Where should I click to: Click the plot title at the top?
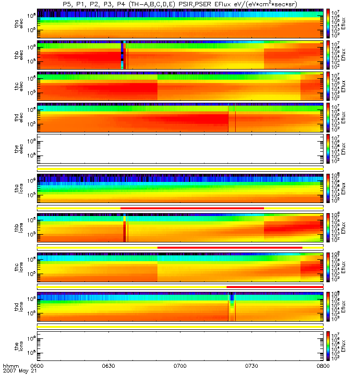(180, 4)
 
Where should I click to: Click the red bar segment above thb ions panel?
(192, 208)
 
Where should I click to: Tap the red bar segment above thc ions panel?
(229, 247)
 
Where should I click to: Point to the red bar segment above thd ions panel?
(275, 287)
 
